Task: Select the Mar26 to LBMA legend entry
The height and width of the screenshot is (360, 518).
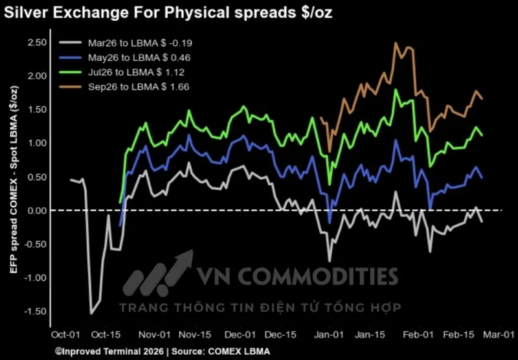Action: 126,43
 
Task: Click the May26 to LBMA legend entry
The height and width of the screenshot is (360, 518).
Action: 125,58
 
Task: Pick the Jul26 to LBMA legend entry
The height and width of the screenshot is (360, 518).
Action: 122,73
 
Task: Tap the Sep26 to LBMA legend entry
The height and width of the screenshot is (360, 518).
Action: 124,87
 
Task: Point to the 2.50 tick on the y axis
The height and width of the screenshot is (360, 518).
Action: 37,43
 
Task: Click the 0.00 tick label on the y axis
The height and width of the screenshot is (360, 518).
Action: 37,210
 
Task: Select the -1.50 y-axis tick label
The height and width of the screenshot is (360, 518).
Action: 36,311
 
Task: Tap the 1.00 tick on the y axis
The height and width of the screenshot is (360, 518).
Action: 37,143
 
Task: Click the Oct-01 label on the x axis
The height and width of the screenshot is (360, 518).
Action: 65,335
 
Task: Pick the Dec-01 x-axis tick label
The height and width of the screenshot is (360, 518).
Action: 240,335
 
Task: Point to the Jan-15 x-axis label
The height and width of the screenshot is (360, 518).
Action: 370,335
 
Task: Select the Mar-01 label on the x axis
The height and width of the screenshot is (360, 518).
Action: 499,335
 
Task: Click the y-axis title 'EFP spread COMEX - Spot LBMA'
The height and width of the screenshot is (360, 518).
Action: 14,179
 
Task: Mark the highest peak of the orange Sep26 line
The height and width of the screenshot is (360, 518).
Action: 395,43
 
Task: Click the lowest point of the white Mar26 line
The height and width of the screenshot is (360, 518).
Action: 91,313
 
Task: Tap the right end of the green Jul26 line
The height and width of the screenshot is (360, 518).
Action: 482,135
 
